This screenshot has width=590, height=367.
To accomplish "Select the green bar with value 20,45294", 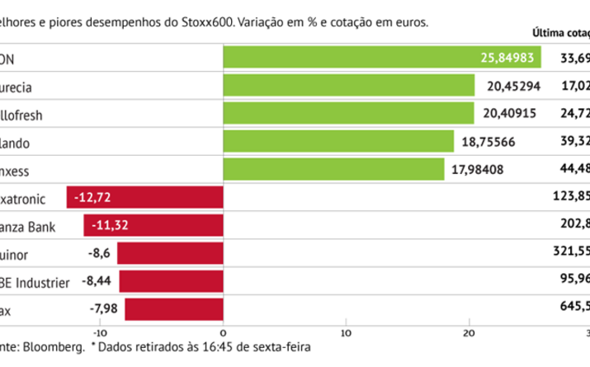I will [x=349, y=85].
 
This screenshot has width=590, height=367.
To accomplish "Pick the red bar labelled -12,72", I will [x=145, y=198].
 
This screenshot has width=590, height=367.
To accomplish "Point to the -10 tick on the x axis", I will [x=100, y=332].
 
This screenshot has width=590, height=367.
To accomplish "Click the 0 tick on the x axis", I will [x=224, y=332].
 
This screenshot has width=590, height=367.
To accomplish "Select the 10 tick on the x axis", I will [x=347, y=332].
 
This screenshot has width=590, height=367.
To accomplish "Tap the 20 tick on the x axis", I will [x=470, y=332].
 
